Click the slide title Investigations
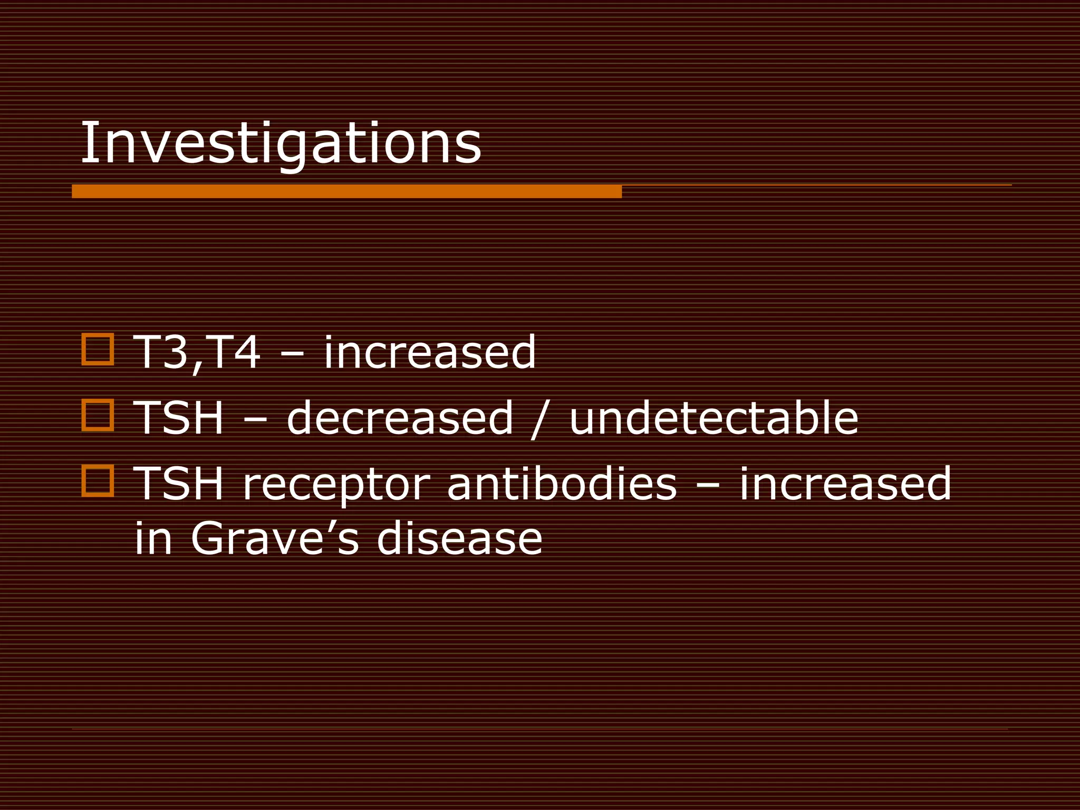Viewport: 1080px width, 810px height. pos(281,143)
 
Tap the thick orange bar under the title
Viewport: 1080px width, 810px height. pos(346,191)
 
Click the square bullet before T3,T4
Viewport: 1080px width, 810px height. pos(98,349)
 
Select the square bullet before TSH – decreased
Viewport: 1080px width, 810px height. pos(98,415)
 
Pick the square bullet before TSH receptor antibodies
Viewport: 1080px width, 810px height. pos(98,480)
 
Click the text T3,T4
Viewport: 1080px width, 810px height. pos(197,352)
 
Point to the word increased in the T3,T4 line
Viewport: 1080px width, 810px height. pos(429,352)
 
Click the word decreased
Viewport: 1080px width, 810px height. pos(400,418)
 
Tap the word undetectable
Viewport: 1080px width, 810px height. pos(713,418)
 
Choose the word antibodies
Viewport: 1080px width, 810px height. pos(562,484)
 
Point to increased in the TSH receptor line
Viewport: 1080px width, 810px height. pos(845,484)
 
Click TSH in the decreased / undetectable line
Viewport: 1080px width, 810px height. pos(179,418)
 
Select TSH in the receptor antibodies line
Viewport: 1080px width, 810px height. pos(179,484)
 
